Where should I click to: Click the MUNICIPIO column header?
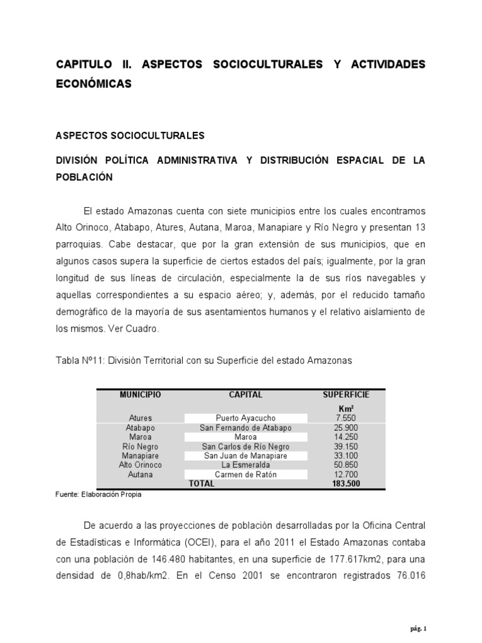[x=141, y=395]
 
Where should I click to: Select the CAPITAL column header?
[x=245, y=395]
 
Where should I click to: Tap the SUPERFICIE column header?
[x=346, y=395]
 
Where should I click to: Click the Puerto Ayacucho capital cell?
[x=245, y=418]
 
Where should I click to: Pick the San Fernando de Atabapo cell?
[x=245, y=428]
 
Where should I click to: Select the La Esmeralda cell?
[x=245, y=465]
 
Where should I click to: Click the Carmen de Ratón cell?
[x=245, y=474]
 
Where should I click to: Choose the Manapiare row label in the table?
[x=141, y=456]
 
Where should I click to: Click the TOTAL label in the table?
[x=201, y=484]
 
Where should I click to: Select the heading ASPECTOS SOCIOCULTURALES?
[x=131, y=136]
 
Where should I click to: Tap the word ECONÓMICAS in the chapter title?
[x=94, y=84]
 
